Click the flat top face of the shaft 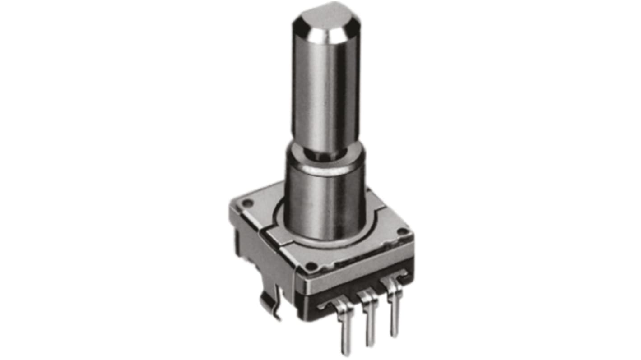[x=326, y=18]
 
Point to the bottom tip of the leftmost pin [x=346, y=351]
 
